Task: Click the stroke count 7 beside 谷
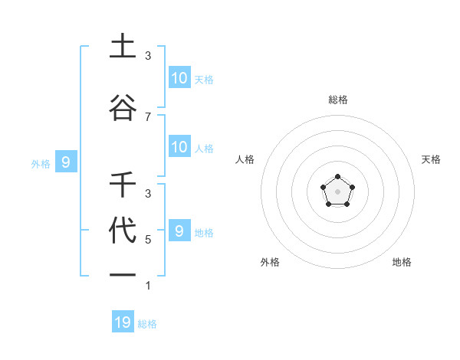[x=148, y=116]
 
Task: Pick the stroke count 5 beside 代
[x=148, y=240]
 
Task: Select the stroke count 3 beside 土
[x=148, y=56]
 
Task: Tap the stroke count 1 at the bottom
[x=148, y=286]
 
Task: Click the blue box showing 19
[x=123, y=322]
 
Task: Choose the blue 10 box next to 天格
[x=179, y=77]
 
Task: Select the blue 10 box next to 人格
[x=179, y=147]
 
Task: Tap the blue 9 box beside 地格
[x=179, y=231]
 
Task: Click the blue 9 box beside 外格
[x=66, y=162]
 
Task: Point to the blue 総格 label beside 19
[x=147, y=324]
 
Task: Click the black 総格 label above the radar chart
[x=338, y=100]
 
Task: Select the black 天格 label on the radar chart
[x=432, y=159]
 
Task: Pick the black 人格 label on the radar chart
[x=245, y=159]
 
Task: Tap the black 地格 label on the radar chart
[x=402, y=262]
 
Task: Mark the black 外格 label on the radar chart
[x=270, y=262]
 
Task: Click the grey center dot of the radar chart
[x=338, y=191]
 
